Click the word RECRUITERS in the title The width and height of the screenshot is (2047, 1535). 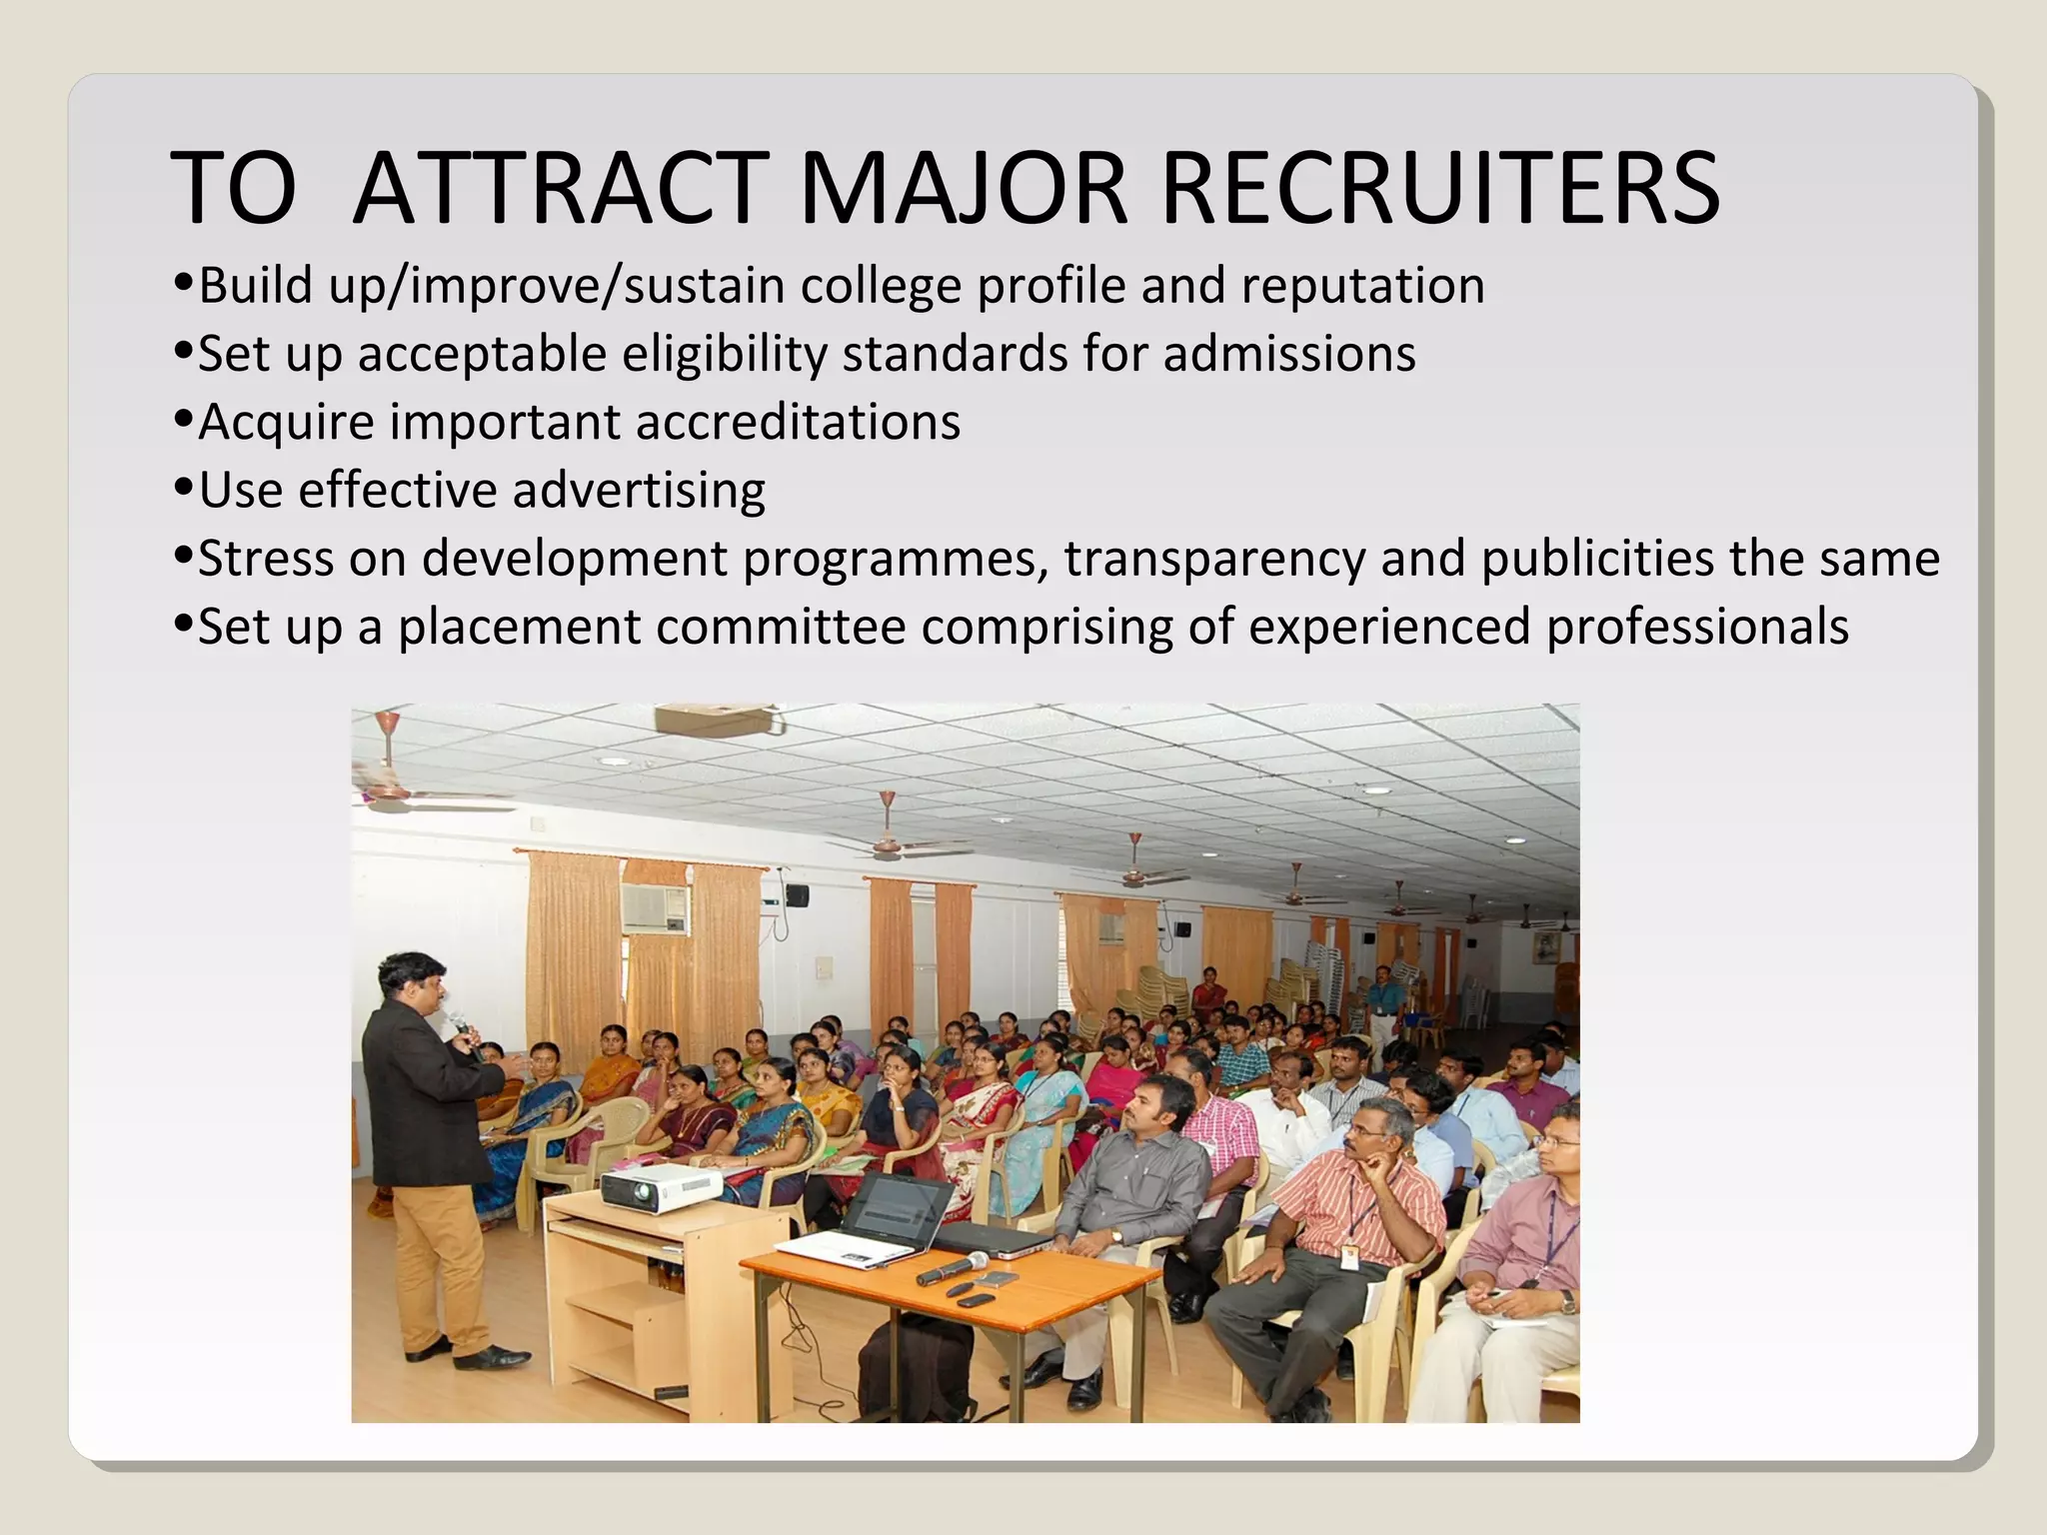[1439, 188]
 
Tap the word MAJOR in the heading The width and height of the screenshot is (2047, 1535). [964, 188]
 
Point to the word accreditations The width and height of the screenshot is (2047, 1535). [798, 422]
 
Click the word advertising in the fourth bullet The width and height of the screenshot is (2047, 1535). [639, 491]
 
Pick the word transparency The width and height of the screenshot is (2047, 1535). [1214, 559]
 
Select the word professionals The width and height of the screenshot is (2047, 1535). [1697, 627]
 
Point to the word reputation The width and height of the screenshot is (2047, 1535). [1363, 286]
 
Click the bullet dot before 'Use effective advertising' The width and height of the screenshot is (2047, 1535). [183, 489]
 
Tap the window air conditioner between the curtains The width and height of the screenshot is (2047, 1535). [655, 906]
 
